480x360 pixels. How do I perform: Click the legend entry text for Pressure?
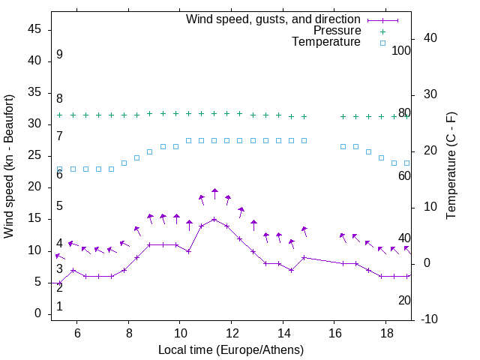[337, 31]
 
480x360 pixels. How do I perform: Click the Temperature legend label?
[326, 43]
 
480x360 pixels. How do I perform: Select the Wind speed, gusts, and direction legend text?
[274, 19]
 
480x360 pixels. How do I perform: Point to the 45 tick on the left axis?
[34, 29]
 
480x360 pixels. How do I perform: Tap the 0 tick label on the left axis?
[37, 313]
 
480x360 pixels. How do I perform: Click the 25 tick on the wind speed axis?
[34, 155]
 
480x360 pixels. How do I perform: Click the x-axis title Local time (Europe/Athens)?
[231, 349]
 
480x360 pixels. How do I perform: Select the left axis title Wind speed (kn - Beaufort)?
[10, 166]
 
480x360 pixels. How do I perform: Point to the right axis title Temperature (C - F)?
[451, 166]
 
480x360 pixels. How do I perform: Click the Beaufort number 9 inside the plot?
[59, 55]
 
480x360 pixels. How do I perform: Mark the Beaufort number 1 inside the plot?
[59, 306]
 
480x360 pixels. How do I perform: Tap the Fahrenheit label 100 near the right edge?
[402, 50]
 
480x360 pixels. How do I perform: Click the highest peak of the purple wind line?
[214, 220]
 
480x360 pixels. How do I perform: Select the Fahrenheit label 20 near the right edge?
[404, 300]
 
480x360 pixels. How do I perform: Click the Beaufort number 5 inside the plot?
[59, 205]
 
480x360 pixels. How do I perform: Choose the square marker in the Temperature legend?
[382, 43]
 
